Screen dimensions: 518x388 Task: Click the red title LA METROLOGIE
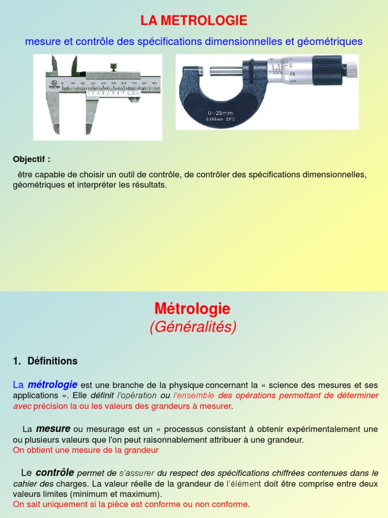[194, 21]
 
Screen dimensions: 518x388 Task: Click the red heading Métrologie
[192, 309]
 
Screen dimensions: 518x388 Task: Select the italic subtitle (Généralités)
[193, 327]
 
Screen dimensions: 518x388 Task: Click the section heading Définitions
[53, 361]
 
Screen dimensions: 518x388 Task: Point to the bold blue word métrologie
[52, 384]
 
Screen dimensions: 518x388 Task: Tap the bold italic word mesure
[53, 428]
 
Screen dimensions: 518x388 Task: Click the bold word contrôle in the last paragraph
[55, 473]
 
